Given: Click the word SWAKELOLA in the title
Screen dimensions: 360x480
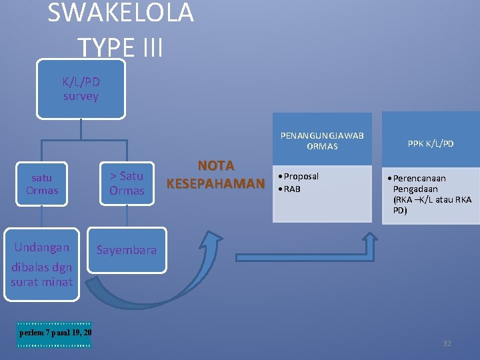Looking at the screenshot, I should (121, 13).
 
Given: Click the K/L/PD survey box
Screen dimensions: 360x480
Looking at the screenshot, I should (81, 89).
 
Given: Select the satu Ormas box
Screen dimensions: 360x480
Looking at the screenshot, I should (42, 184).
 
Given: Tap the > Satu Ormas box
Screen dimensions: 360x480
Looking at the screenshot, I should (127, 183).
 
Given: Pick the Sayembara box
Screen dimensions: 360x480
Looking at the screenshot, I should (127, 251).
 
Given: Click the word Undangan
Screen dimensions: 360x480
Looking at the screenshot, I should (42, 247).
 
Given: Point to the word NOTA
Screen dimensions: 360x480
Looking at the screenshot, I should (215, 165).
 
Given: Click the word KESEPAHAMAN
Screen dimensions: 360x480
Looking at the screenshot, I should (215, 183).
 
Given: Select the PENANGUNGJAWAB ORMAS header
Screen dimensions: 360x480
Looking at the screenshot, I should (322, 141).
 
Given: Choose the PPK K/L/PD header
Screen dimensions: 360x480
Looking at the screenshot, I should (430, 143).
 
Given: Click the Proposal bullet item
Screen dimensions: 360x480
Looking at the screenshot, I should (301, 176).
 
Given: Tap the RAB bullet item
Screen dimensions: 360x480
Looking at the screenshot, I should (292, 189).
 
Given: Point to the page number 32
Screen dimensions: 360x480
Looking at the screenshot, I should (447, 343).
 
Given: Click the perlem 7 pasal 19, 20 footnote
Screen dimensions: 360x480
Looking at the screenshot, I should (55, 333).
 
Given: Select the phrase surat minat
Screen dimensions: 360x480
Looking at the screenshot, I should (42, 282).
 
